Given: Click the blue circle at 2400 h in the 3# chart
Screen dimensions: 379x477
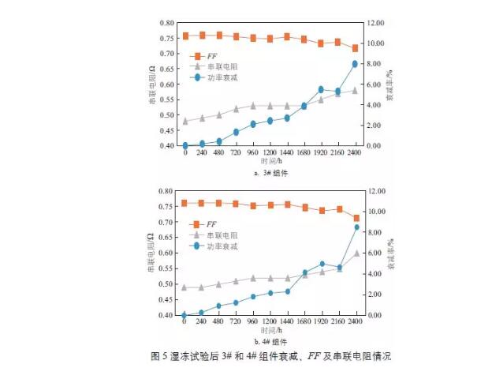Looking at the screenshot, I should [x=355, y=64].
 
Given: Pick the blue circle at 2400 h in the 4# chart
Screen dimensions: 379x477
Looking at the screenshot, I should [x=356, y=227].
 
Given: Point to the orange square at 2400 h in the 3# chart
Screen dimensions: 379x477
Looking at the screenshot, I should [x=355, y=48].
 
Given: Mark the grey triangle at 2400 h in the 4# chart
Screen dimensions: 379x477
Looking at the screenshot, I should [x=356, y=253].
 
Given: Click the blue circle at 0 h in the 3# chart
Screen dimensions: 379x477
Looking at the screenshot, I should [x=185, y=145].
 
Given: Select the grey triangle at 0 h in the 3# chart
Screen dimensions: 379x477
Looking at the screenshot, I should [x=185, y=121].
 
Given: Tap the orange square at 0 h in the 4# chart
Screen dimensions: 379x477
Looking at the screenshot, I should [x=184, y=204].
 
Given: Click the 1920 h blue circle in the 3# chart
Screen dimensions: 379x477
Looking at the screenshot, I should [x=321, y=90].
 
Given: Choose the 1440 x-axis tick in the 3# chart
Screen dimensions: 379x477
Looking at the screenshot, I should [x=286, y=153].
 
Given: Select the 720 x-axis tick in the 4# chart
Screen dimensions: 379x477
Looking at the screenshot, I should [x=235, y=323].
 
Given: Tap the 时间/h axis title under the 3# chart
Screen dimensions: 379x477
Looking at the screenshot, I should [x=270, y=161].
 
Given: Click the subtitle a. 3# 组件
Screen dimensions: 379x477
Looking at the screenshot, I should [x=270, y=172].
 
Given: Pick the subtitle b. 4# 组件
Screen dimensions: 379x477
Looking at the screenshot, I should [x=270, y=342].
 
